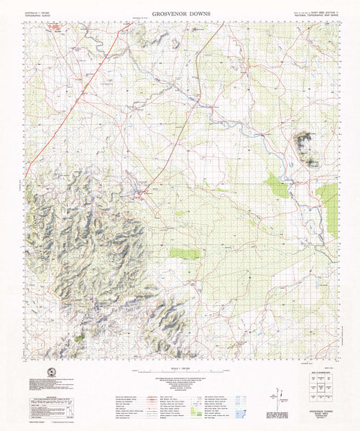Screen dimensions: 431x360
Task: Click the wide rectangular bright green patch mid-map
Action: (x=185, y=253)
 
